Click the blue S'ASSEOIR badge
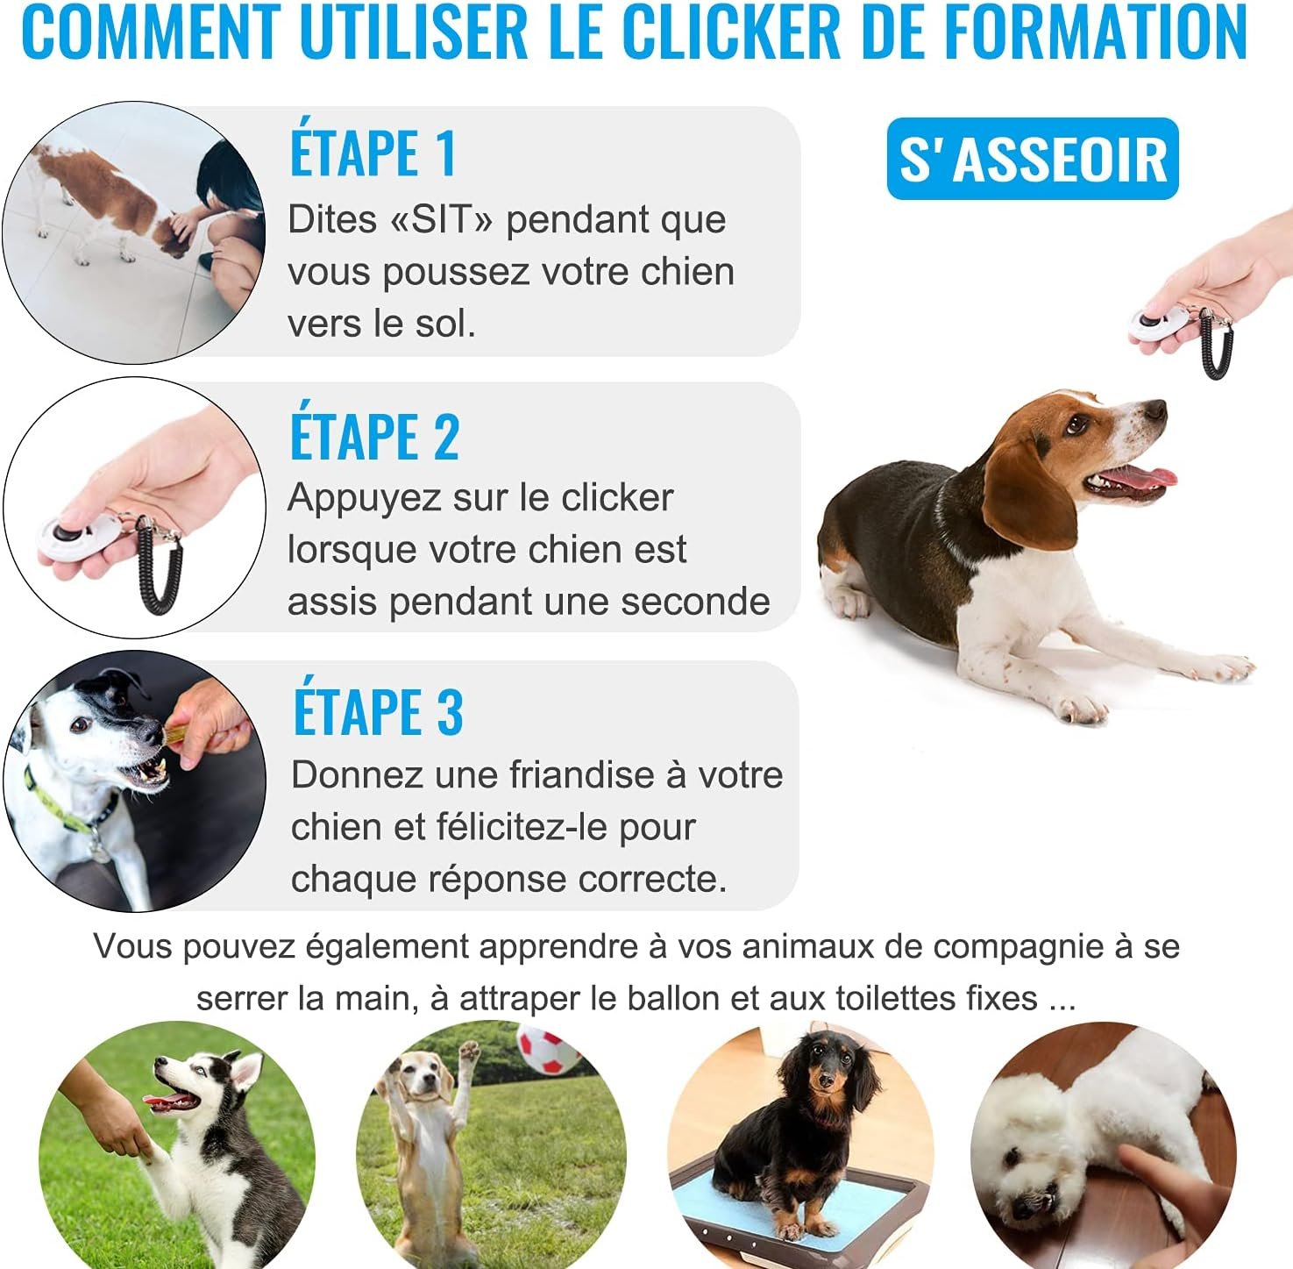(x=1033, y=159)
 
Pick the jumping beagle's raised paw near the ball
(x=470, y=1049)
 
